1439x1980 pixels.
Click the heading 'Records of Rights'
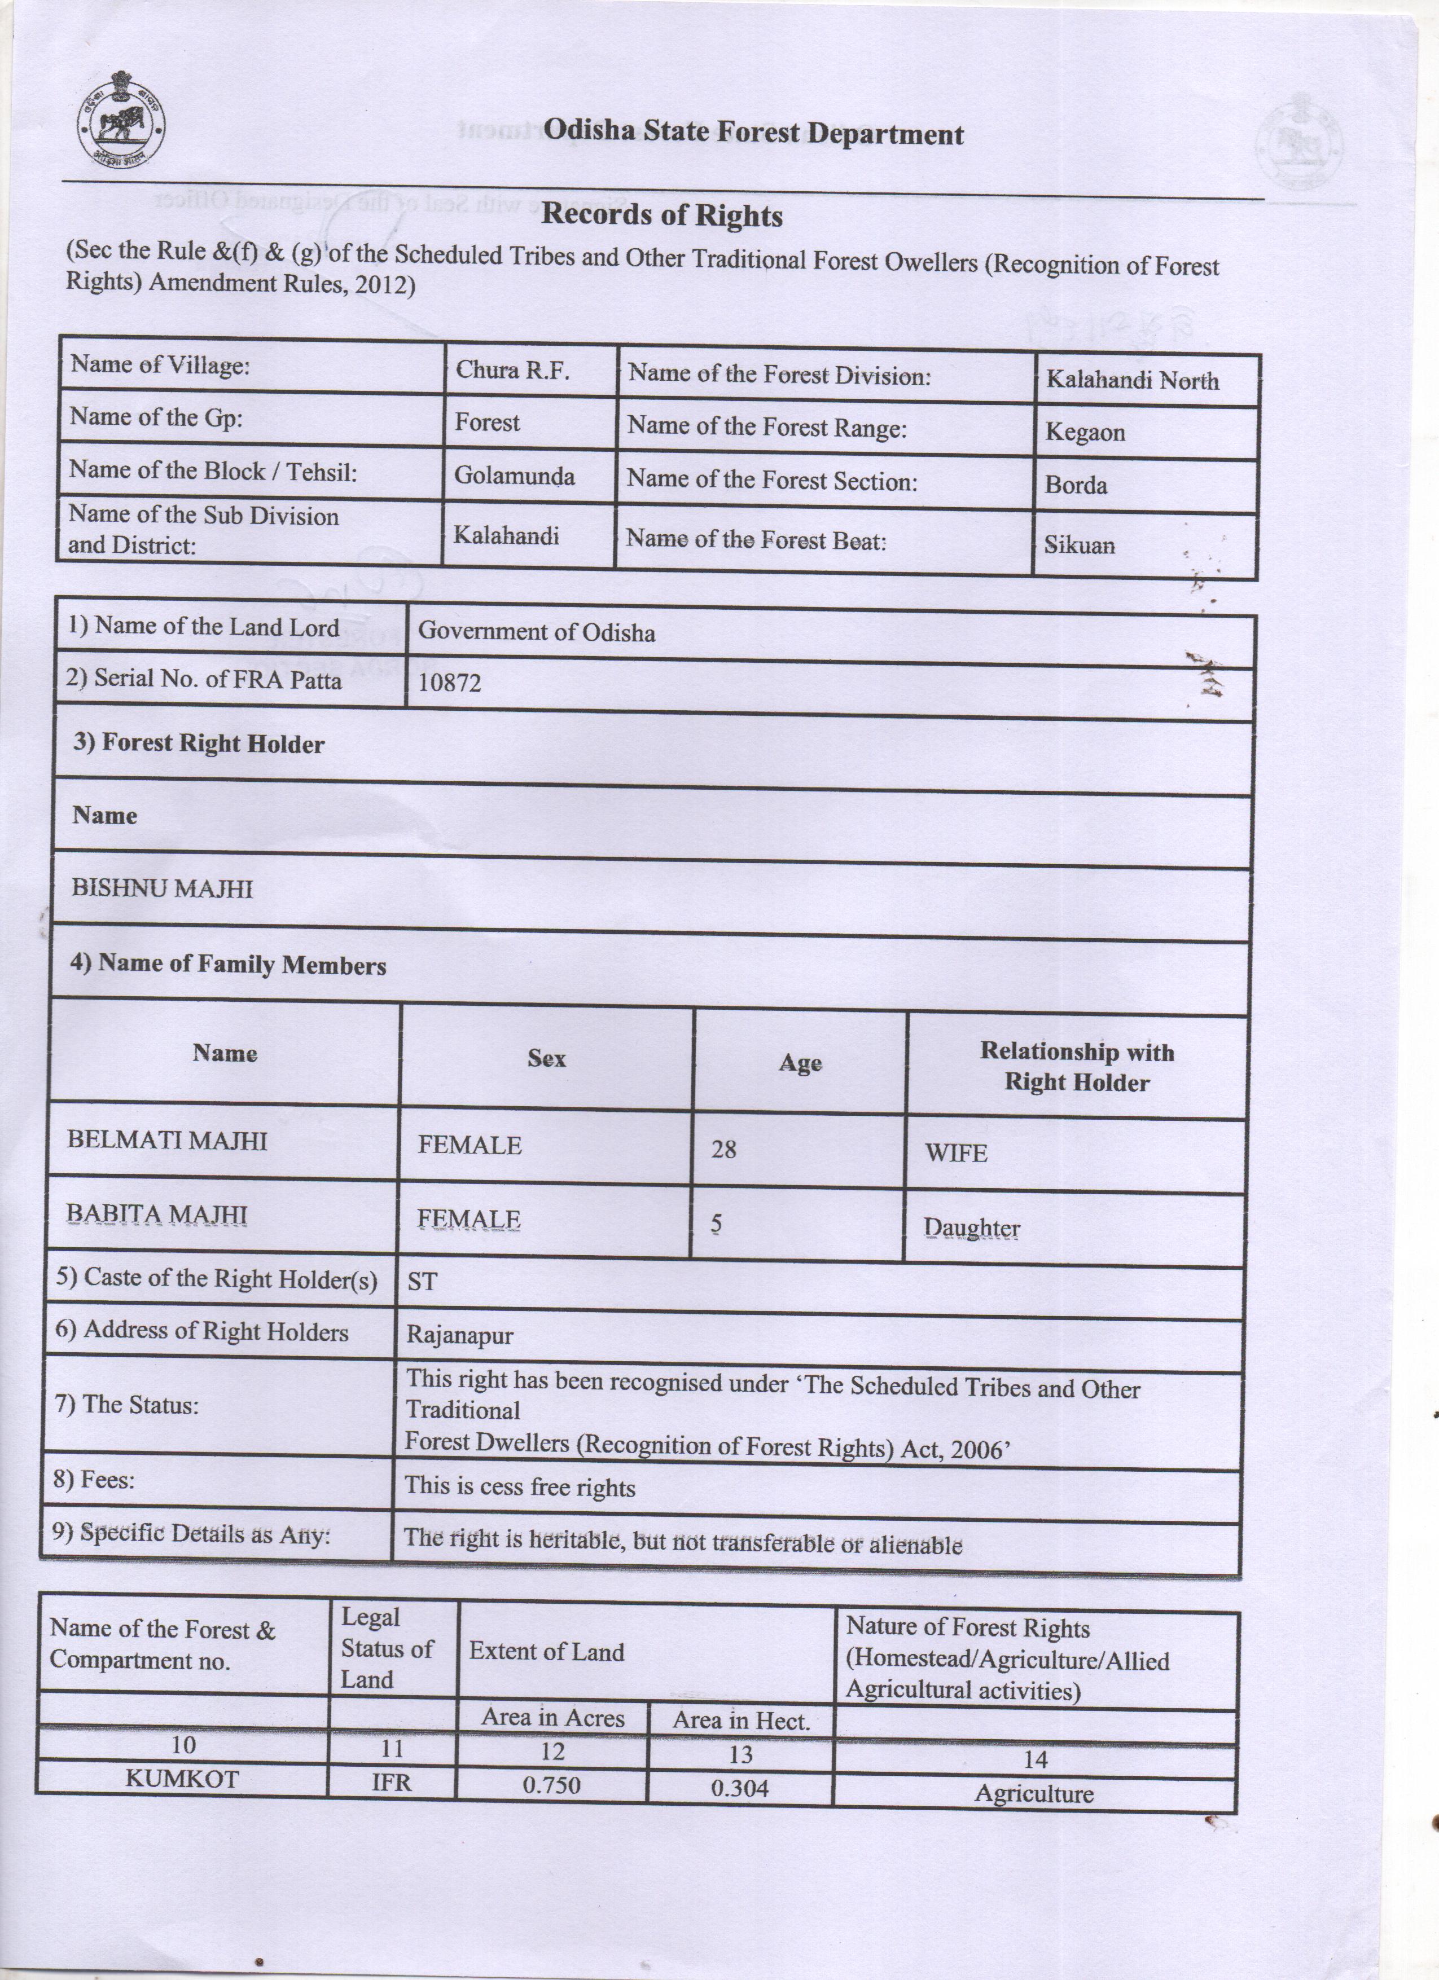pos(662,215)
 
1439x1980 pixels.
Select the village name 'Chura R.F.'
pos(512,371)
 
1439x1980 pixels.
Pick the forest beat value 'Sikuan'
pos(1079,545)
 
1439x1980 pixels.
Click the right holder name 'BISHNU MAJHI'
pos(163,888)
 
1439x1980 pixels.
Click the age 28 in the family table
pos(724,1149)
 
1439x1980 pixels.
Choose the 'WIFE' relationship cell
pos(956,1153)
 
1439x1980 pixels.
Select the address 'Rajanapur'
pos(460,1335)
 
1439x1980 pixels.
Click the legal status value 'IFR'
pos(391,1782)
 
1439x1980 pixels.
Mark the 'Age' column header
pos(800,1063)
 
